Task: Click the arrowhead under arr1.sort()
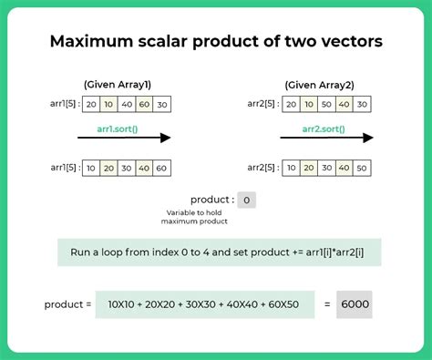click(164, 139)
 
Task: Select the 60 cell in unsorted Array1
click(143, 104)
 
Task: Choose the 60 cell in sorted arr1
click(161, 169)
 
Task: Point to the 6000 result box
click(354, 304)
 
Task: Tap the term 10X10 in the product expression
click(122, 304)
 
